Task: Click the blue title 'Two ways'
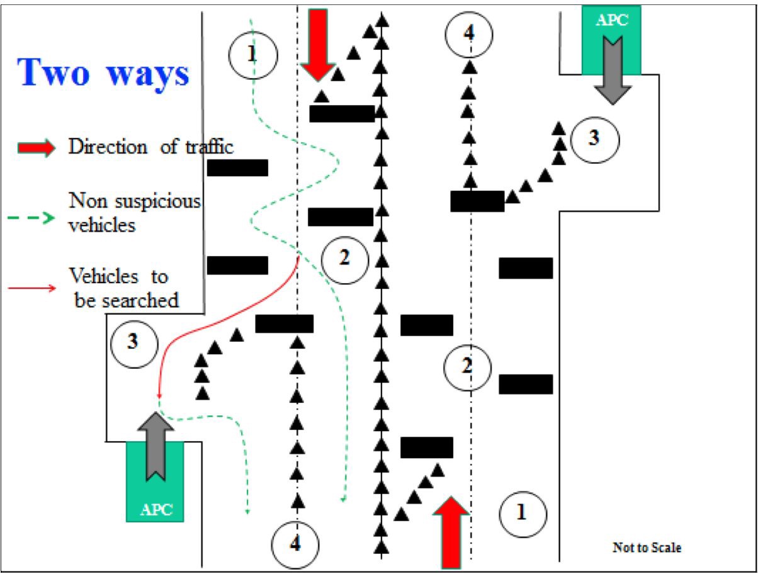pos(105,73)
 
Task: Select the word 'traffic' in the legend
pos(206,148)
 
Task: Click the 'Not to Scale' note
pos(647,548)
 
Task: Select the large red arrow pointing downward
pos(318,45)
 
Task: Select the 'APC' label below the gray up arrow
pos(156,509)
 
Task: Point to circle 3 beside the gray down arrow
pos(594,138)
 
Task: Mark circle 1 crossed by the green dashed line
pos(252,54)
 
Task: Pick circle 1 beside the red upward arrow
pos(522,513)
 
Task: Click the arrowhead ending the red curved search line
pos(160,396)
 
